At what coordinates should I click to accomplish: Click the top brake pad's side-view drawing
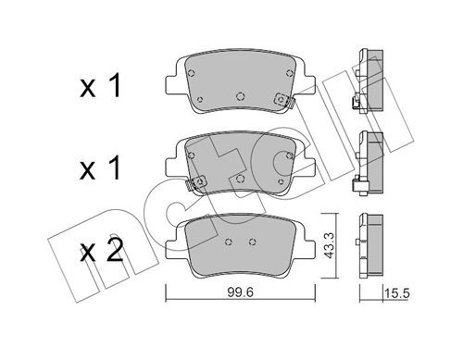click(x=368, y=83)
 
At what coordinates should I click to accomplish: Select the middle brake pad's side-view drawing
click(x=368, y=164)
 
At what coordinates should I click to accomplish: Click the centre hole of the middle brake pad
click(x=239, y=176)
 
